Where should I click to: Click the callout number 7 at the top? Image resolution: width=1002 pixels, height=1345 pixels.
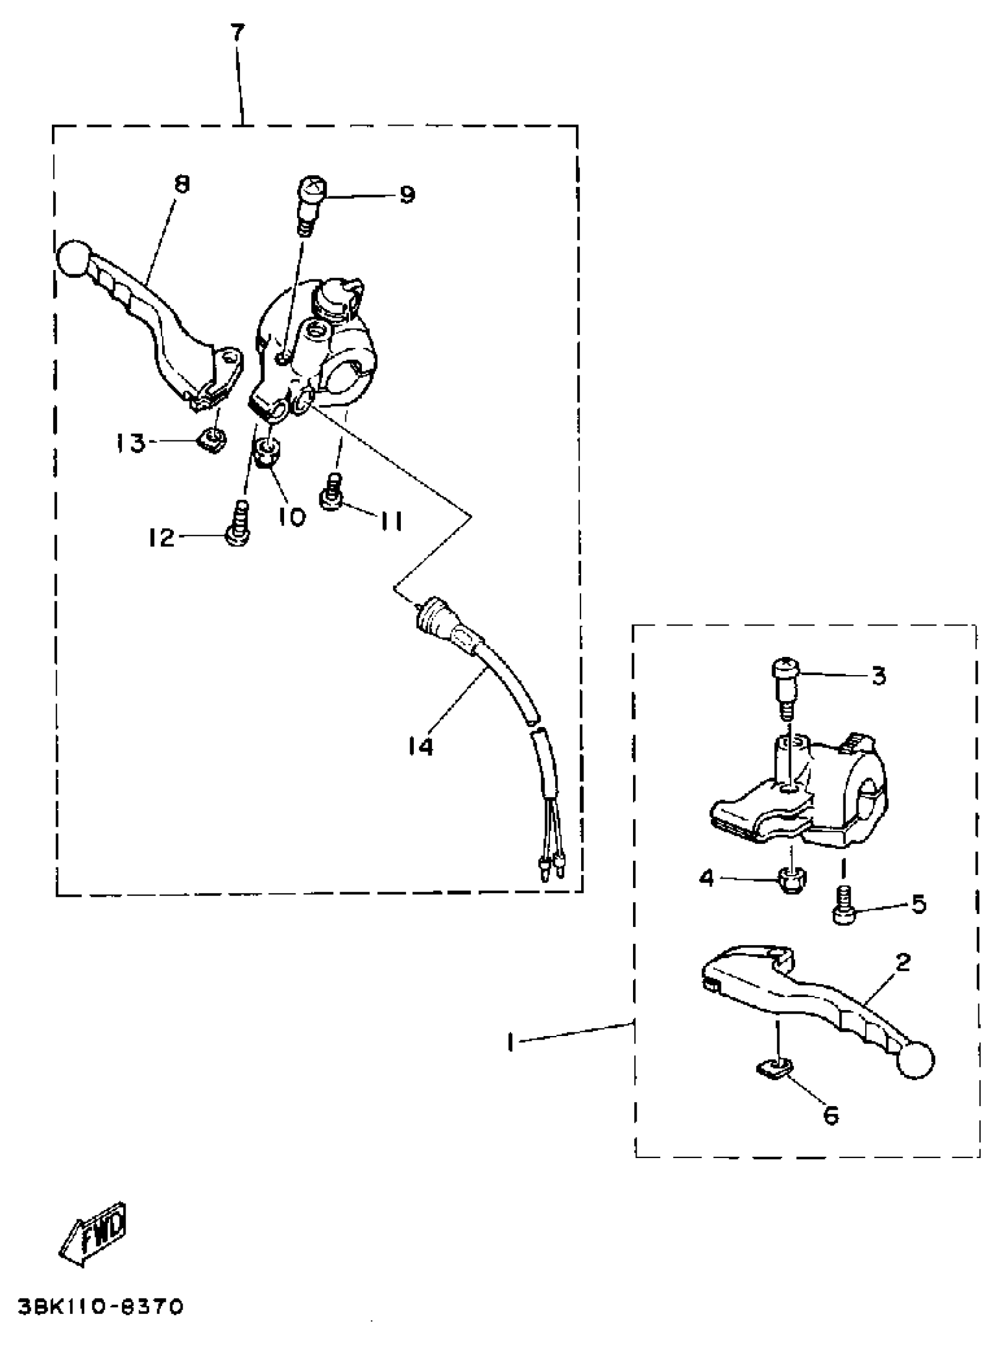[x=237, y=33]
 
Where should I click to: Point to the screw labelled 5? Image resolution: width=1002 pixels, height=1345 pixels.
[x=843, y=906]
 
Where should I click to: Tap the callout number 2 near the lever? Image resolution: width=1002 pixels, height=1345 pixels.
[x=902, y=962]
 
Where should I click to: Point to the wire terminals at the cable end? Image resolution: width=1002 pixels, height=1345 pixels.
[x=551, y=868]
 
